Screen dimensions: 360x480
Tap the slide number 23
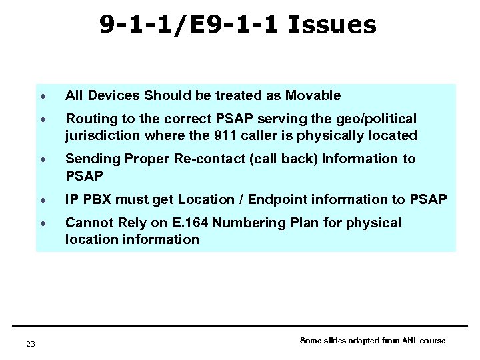(31, 343)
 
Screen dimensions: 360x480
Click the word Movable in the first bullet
(315, 95)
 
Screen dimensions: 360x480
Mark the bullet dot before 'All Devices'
(41, 96)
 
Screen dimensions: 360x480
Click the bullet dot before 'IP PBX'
(41, 199)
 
